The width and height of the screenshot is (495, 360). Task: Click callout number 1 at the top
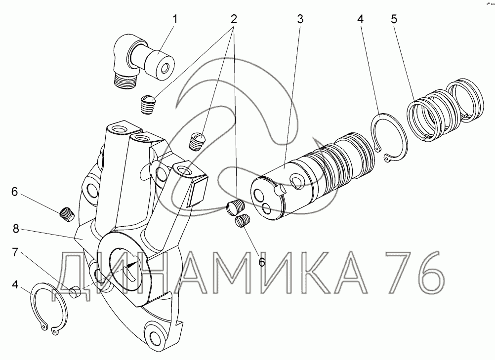[x=174, y=19]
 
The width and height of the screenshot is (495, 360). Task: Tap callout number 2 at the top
[x=233, y=19]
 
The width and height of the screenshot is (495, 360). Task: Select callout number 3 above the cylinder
[x=300, y=19]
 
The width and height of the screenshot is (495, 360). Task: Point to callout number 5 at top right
[x=394, y=19]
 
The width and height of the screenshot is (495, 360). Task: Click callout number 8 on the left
[x=16, y=229]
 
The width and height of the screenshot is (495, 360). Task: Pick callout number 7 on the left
[x=15, y=252]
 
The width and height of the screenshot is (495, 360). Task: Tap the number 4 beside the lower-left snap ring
[x=15, y=284]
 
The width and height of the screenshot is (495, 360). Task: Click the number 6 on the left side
[x=15, y=192]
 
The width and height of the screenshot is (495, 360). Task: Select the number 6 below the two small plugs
[x=262, y=262]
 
